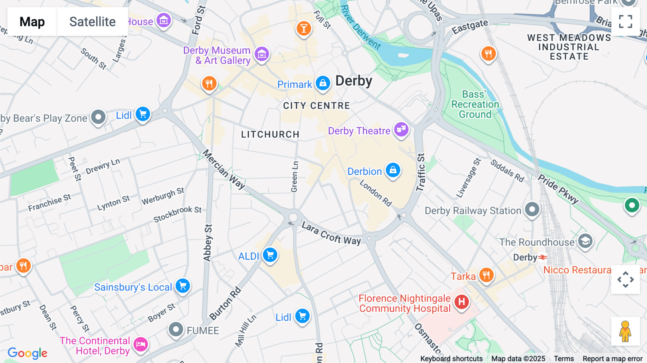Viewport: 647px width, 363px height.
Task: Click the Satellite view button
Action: [92, 22]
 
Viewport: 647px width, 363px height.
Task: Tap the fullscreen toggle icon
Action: [625, 22]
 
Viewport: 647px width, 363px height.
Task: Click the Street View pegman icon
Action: [625, 331]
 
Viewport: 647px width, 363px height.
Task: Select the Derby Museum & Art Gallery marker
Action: [262, 55]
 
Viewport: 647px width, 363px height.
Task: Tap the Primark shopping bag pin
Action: [323, 83]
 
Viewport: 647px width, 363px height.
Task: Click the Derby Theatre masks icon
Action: [401, 129]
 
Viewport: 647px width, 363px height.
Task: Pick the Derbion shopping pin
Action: [393, 170]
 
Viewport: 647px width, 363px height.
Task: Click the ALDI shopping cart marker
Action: [270, 255]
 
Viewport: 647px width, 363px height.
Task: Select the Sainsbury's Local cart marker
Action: [183, 286]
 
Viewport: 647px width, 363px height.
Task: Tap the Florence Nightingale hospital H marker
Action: [462, 302]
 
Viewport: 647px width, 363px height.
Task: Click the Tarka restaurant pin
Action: [486, 275]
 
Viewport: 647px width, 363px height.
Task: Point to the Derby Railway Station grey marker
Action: [532, 209]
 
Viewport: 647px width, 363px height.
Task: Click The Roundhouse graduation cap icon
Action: [585, 241]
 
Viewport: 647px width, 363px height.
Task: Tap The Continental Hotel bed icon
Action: [141, 344]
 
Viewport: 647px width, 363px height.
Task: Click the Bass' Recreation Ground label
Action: [475, 104]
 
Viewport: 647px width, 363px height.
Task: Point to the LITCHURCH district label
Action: [270, 134]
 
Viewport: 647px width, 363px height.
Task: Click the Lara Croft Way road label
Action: [331, 233]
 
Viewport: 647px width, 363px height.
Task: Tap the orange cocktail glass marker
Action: [304, 28]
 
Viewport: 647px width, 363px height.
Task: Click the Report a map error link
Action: [612, 358]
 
